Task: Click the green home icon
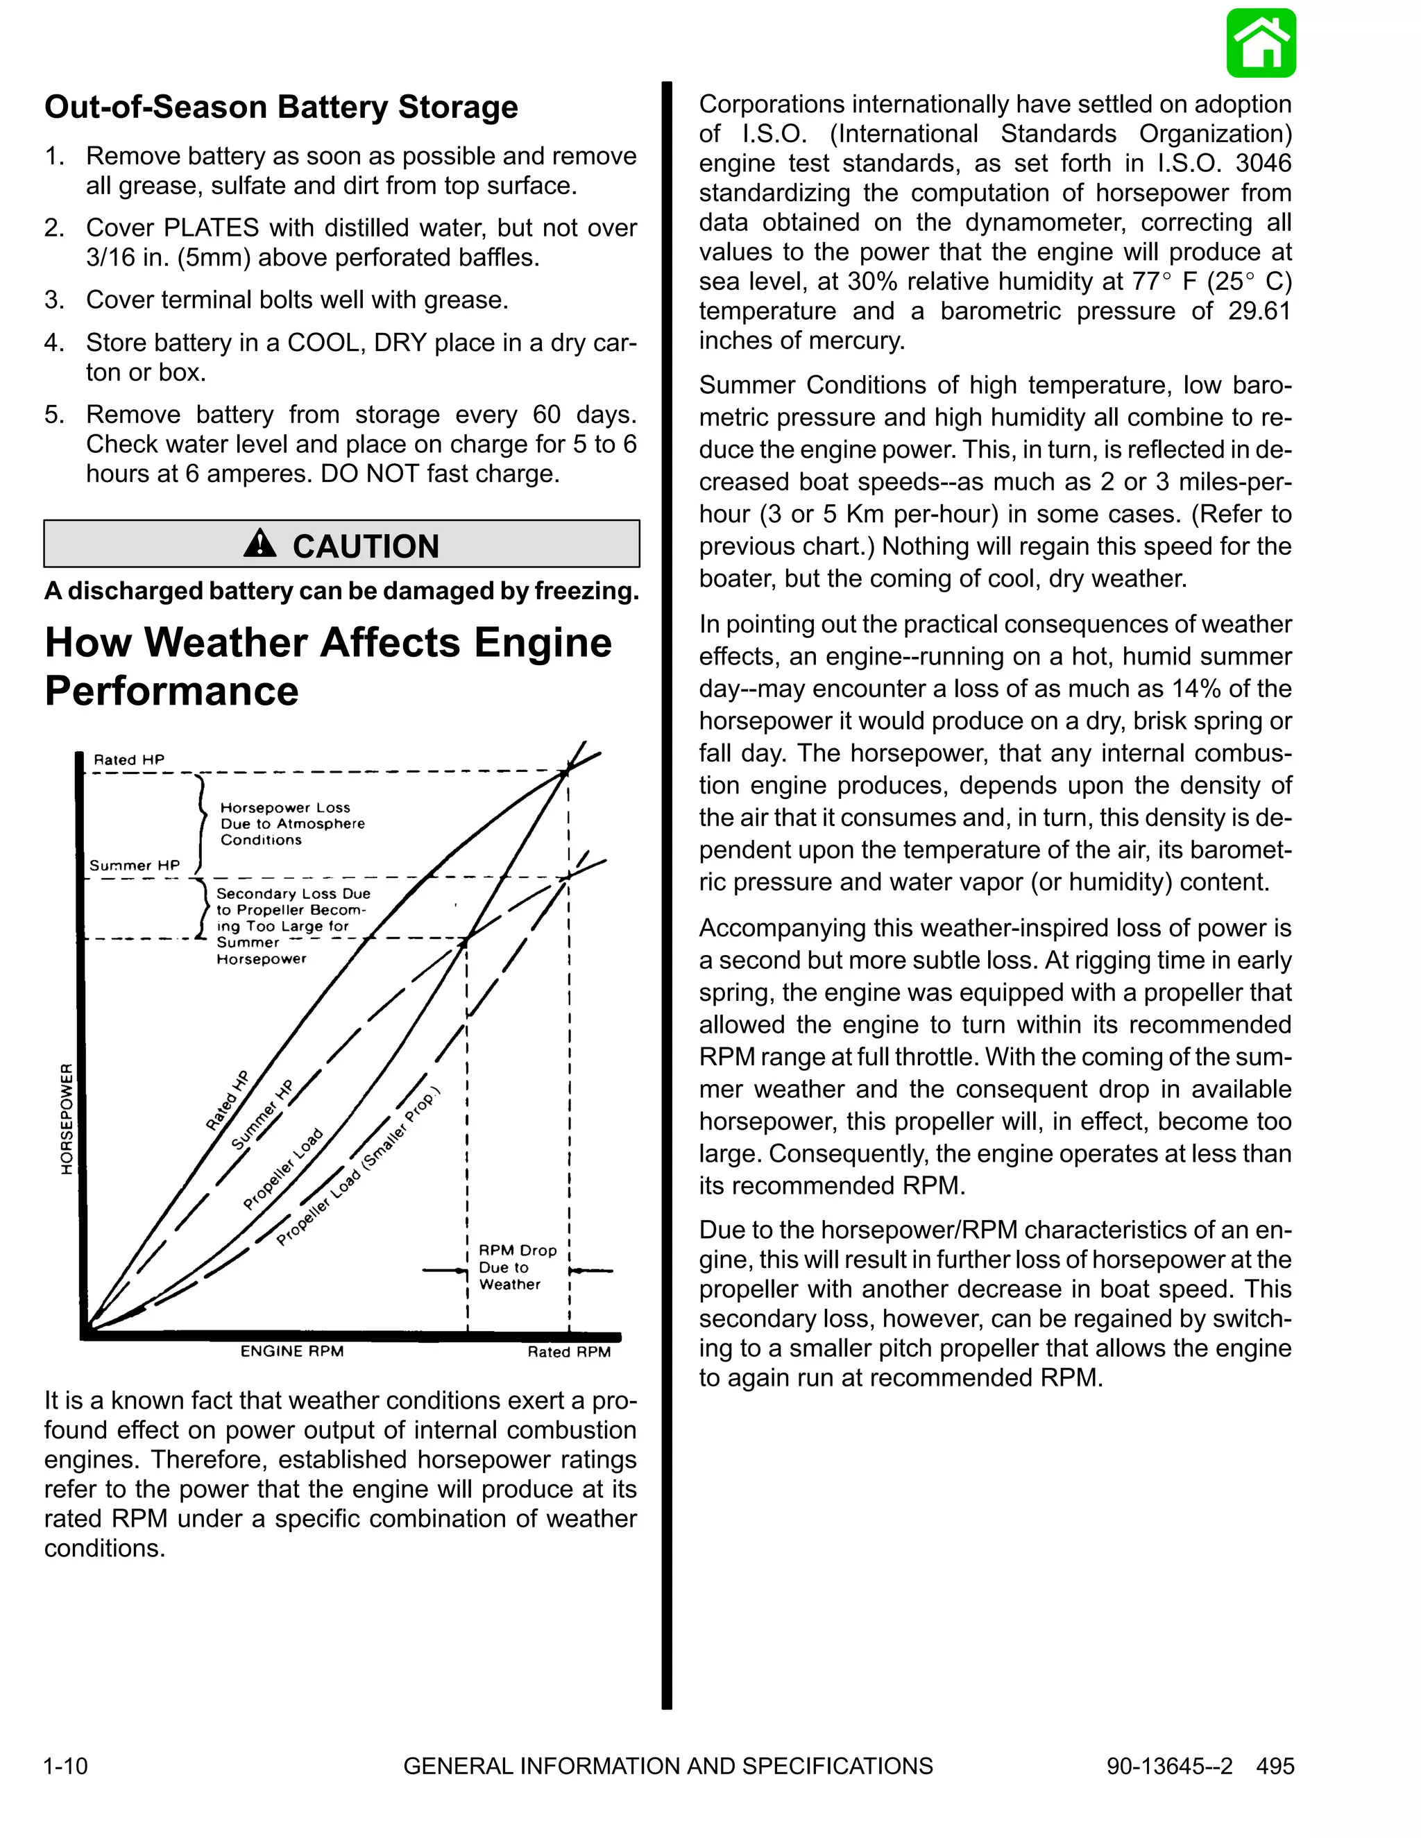(1260, 44)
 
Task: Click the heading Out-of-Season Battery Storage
(281, 108)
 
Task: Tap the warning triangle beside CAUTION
(260, 544)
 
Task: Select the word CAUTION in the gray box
(366, 546)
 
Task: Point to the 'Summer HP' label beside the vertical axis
(135, 865)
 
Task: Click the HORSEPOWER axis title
(67, 1119)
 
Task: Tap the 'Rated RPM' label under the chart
(568, 1352)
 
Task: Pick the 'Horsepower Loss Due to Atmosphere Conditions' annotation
(291, 824)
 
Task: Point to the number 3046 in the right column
(1263, 163)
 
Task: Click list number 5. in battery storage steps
(55, 415)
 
